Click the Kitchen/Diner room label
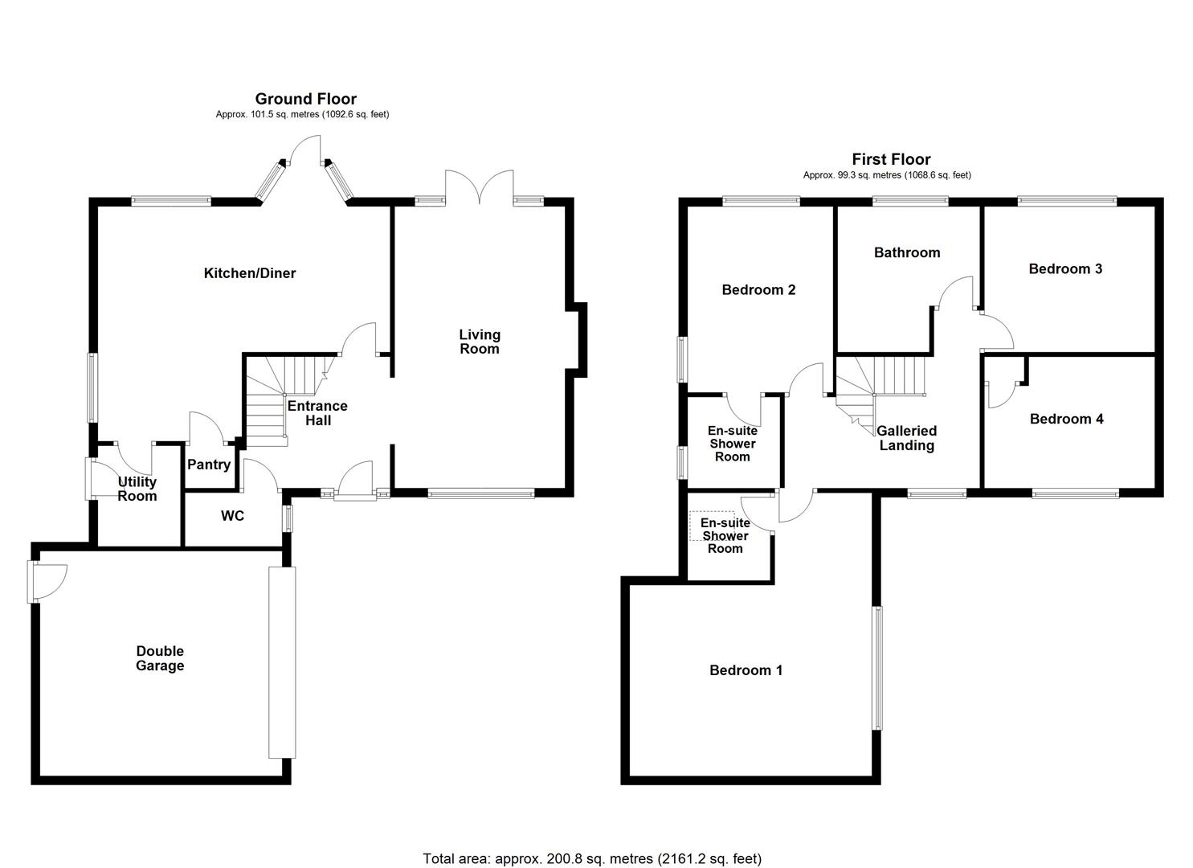(249, 273)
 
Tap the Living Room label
(479, 342)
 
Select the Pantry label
(209, 465)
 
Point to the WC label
(232, 516)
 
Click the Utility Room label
(137, 489)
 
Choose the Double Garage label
(160, 658)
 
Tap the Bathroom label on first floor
(906, 252)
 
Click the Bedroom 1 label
(746, 670)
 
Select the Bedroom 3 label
(1065, 268)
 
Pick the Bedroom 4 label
(1066, 419)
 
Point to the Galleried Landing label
(906, 438)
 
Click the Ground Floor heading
(305, 99)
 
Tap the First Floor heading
(891, 159)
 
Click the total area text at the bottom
(592, 858)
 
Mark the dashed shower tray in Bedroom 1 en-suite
(712, 526)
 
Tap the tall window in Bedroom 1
(877, 668)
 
